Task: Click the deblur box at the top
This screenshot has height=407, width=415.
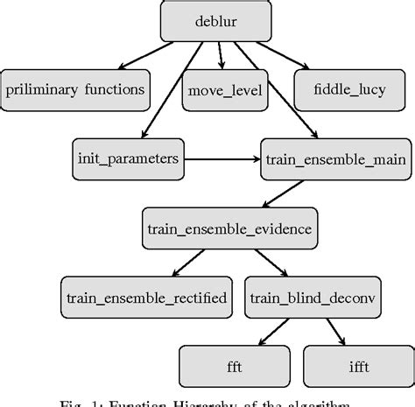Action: pos(207,21)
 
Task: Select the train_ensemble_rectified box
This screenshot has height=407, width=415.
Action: pos(147,298)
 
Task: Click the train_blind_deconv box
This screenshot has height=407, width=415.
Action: pos(312,298)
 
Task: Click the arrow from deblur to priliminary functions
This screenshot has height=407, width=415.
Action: pos(154,56)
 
